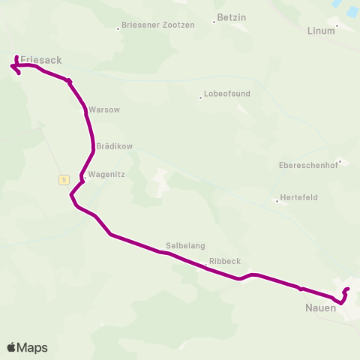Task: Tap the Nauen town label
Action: click(320, 308)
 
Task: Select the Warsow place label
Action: click(104, 109)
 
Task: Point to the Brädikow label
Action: click(114, 146)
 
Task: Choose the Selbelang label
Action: click(185, 245)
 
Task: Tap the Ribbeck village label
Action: click(225, 261)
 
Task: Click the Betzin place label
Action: click(231, 16)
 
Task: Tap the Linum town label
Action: click(322, 31)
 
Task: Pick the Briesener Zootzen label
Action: click(159, 25)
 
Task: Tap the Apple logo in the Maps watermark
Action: click(12, 347)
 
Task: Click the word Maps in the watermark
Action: click(32, 347)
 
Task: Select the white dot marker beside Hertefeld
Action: click(277, 200)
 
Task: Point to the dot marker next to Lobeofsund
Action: click(200, 97)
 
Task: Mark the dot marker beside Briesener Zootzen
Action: click(118, 29)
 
